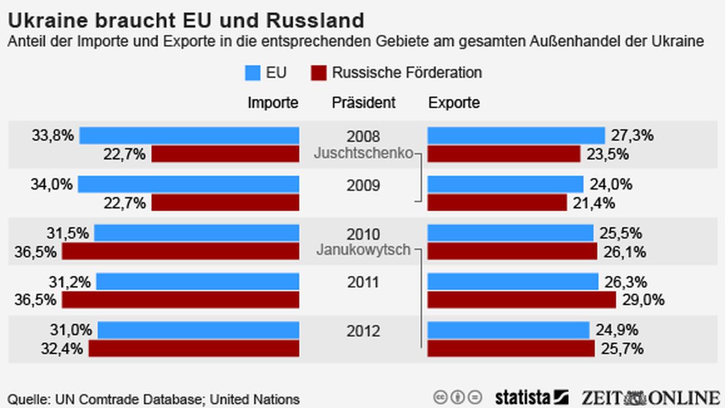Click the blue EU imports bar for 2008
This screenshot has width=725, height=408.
pos(189,136)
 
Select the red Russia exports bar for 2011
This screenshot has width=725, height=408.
pos(521,300)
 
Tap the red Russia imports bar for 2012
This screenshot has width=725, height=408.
pos(194,348)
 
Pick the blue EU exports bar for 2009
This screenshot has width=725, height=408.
pos(505,184)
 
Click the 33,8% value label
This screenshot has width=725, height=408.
pos(52,135)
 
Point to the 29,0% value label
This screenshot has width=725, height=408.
pos(643,300)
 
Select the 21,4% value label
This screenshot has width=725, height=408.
pos(594,203)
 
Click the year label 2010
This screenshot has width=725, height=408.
pos(363,234)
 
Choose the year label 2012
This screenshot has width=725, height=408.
pos(363,331)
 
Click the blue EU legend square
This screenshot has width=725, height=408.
pos(253,73)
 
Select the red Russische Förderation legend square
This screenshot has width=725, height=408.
pos(318,73)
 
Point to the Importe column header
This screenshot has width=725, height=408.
pos(273,103)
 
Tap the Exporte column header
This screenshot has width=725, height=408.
pos(454,103)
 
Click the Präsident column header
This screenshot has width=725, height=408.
pos(364,103)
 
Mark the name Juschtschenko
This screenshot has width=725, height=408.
pos(364,153)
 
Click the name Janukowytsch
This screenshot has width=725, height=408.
pos(363,250)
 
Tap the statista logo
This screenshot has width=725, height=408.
pos(531,397)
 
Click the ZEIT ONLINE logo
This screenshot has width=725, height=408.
pos(650,397)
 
